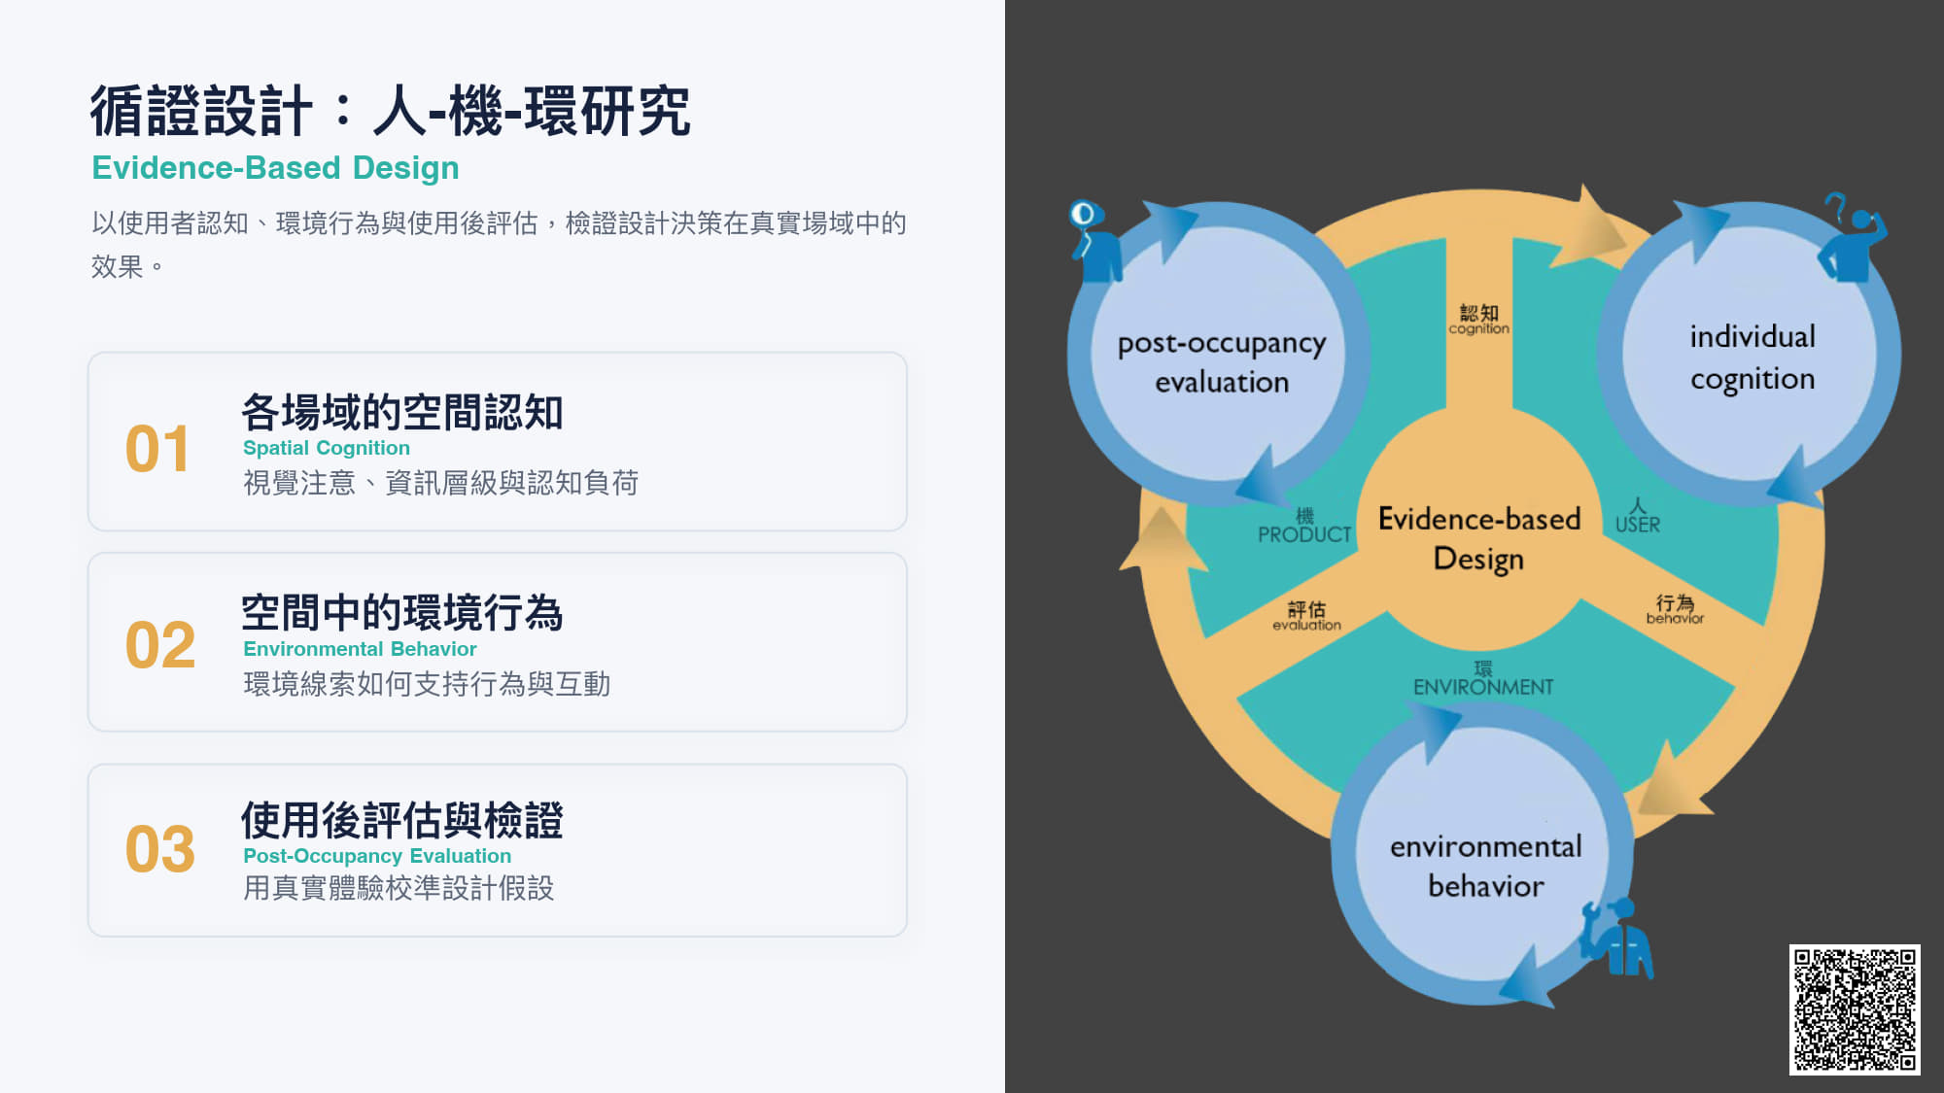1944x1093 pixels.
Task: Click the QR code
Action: point(1855,1009)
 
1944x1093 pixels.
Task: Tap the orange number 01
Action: point(157,449)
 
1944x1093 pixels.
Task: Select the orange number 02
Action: point(160,645)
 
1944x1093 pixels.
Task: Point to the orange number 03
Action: point(160,849)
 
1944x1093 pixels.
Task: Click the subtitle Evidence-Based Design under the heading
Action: point(275,168)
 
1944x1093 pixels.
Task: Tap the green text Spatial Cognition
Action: point(327,448)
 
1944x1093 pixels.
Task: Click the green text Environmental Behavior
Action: point(360,649)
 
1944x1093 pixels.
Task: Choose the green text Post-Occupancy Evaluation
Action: point(377,856)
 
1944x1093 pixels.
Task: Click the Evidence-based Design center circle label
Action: point(1479,538)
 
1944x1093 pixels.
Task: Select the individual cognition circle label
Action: point(1753,358)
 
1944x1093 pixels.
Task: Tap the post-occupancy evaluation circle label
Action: point(1222,362)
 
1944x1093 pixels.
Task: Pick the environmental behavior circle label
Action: point(1486,866)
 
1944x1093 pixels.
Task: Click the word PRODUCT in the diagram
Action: point(1304,534)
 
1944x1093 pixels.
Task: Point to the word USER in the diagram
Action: point(1638,525)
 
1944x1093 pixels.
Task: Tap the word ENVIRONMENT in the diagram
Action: point(1483,687)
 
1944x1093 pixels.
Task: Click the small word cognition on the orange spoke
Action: point(1479,329)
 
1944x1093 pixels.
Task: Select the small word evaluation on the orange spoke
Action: point(1306,625)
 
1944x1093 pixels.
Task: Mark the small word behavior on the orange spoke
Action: point(1675,618)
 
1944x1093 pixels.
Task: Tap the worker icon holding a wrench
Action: point(1617,937)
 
